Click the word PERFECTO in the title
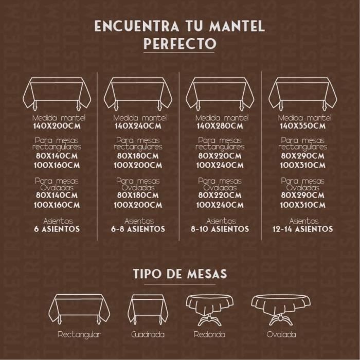[x=180, y=44]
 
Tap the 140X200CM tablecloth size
[x=57, y=126]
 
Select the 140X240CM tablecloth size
[x=138, y=126]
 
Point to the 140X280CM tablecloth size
[x=220, y=126]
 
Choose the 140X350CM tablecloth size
[x=302, y=126]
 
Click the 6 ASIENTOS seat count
[x=57, y=229]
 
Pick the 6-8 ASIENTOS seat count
[x=138, y=229]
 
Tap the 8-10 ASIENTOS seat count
[x=220, y=229]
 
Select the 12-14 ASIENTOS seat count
[x=302, y=229]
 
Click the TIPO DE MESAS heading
[x=180, y=274]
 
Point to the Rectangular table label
[x=79, y=335]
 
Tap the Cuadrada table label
[x=148, y=334]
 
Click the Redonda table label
[x=209, y=334]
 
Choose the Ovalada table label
[x=281, y=334]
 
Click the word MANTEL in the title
[x=237, y=26]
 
